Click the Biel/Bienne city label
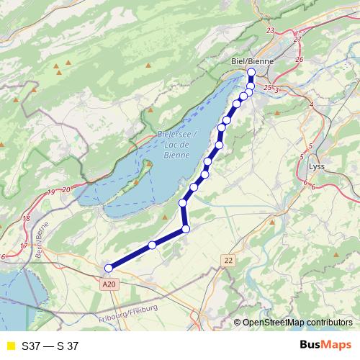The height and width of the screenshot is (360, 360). point(252,61)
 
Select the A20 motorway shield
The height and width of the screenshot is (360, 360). point(109,285)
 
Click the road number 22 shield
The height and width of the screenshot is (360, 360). point(229,260)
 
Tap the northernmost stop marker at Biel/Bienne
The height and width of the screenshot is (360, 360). point(251,73)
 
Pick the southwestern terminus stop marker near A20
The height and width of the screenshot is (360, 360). point(109,269)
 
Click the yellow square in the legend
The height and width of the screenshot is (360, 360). point(10,346)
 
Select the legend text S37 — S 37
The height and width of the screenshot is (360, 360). point(50,346)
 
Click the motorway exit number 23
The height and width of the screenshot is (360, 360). point(270,30)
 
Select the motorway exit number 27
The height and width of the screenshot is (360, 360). point(297,40)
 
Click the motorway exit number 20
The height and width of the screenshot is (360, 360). point(66,189)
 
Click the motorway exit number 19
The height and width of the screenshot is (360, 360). point(51,192)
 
